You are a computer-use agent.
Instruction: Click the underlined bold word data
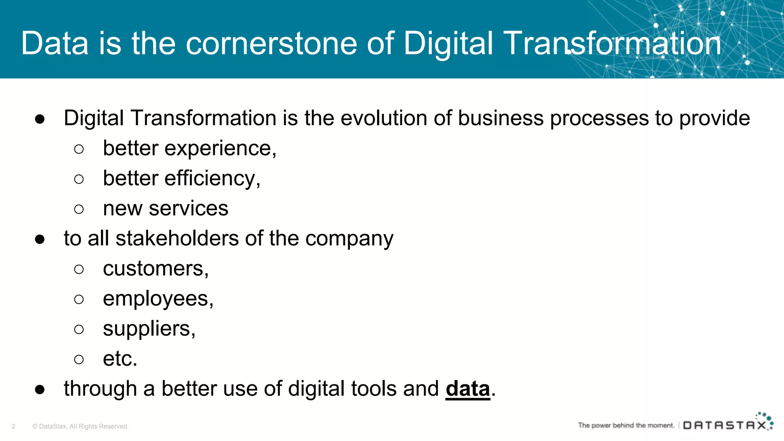[468, 389]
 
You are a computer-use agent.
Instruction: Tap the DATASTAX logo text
[725, 425]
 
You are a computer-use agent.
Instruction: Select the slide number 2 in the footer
[13, 426]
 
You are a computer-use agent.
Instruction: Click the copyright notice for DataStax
[80, 426]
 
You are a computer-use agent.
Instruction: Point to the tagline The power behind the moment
[626, 425]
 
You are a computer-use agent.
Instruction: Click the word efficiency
[210, 179]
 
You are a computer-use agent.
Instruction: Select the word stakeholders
[177, 238]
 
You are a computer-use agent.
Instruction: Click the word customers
[153, 269]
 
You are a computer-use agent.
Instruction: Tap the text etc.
[120, 359]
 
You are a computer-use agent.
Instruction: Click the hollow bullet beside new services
[79, 209]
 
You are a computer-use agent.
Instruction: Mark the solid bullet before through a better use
[40, 390]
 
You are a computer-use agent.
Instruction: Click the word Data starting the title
[55, 44]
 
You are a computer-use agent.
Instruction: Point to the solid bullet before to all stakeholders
[40, 239]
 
